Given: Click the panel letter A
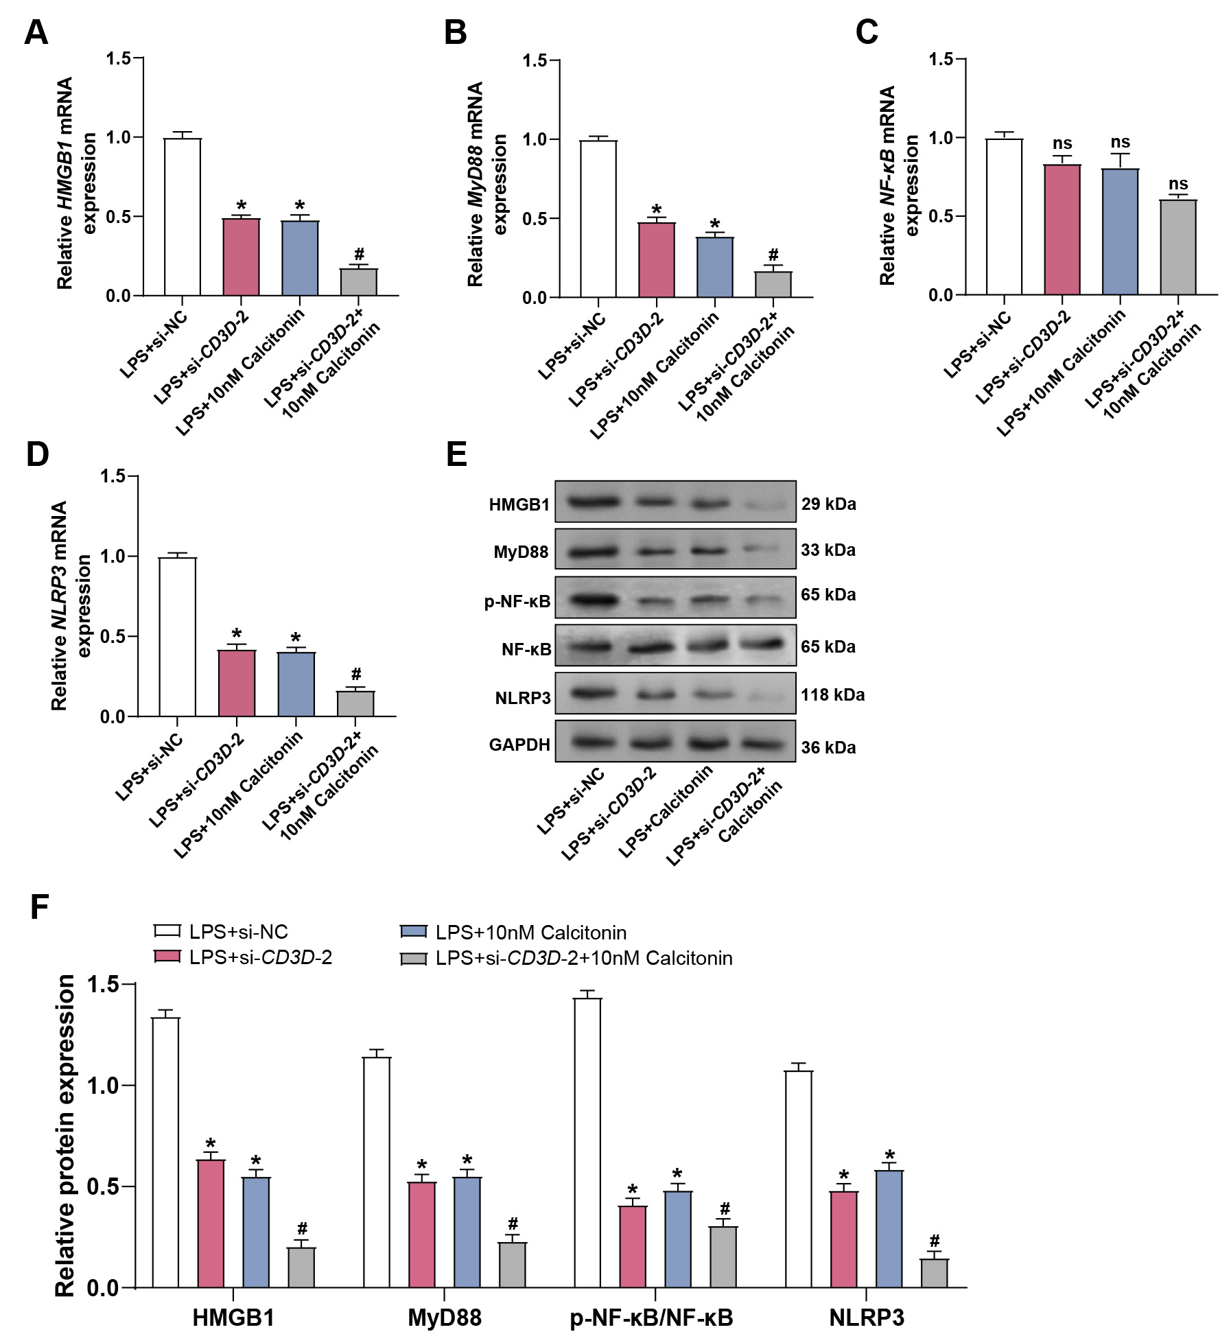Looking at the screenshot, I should point(36,32).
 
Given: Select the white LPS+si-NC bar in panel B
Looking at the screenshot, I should point(598,219).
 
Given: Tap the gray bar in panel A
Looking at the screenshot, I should point(359,282).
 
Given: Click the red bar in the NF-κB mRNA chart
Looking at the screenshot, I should point(1062,230).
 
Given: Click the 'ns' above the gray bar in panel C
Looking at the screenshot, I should point(1178,184).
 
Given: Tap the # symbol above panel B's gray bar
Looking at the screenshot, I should point(773,255).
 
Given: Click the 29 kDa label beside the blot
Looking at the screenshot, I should point(828,504).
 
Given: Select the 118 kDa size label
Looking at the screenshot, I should point(832,695).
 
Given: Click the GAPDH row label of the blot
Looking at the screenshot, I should point(519,745).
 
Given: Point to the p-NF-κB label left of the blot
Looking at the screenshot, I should point(517,602).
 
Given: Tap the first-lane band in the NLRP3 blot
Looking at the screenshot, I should point(594,693).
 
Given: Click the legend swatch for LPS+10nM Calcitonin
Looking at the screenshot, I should point(413,932).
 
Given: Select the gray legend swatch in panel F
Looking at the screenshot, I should point(413,958).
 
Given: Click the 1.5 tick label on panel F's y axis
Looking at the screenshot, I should point(102,985).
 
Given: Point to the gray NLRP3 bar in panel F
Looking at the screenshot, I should point(934,1273).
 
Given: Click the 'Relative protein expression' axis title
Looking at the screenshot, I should point(65,1136).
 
